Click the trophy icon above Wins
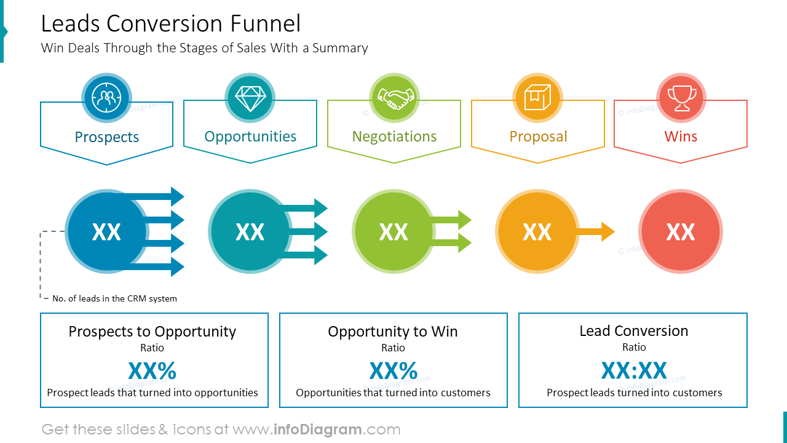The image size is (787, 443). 681,98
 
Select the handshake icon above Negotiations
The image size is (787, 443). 394,98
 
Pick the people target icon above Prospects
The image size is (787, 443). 106,98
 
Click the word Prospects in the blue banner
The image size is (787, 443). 106,137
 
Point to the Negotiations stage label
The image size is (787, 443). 394,137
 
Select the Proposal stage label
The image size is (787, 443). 538,137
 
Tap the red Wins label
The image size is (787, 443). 681,137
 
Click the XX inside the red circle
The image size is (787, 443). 681,232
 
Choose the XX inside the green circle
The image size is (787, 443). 393,232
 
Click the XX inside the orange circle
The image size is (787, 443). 537,232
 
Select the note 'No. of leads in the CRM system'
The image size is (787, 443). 114,298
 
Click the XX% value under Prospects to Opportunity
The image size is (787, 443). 152,371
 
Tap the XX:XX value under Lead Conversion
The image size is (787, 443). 633,371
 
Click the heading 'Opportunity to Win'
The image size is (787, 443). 393,332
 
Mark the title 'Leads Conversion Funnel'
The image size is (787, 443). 171,23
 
